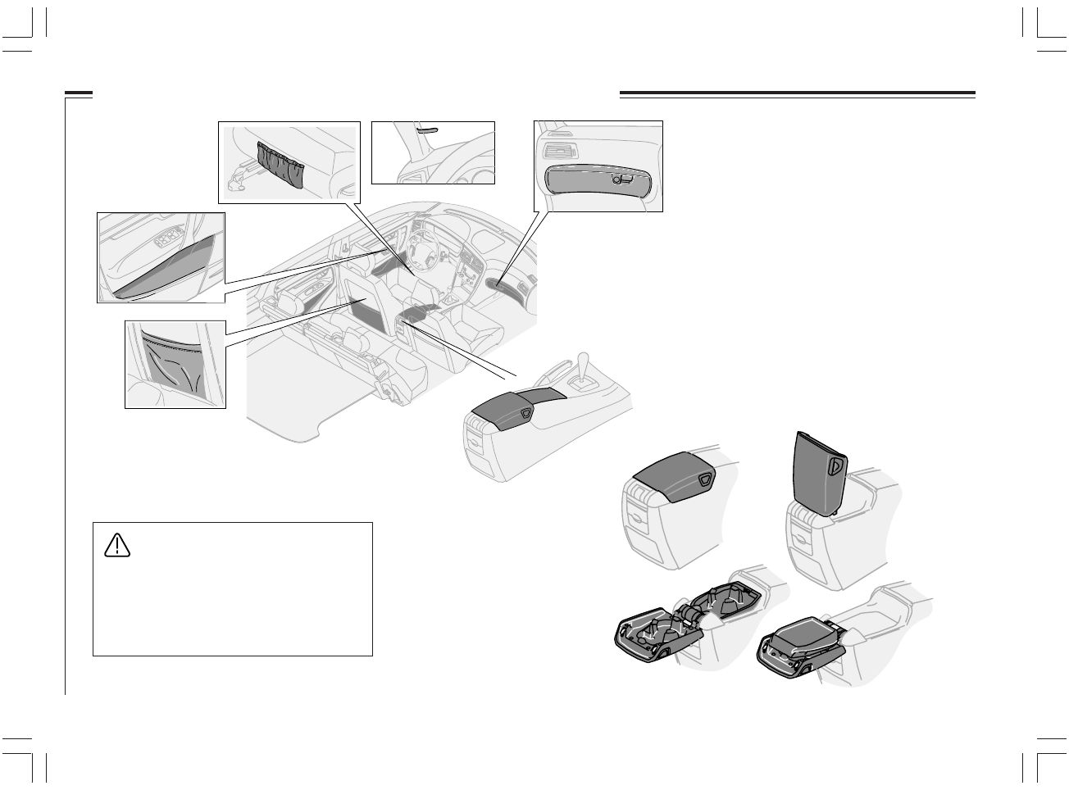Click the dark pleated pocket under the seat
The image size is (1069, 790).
click(x=280, y=164)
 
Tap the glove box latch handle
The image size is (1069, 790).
click(x=621, y=179)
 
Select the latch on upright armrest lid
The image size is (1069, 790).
click(x=836, y=465)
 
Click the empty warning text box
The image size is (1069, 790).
click(x=233, y=602)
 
